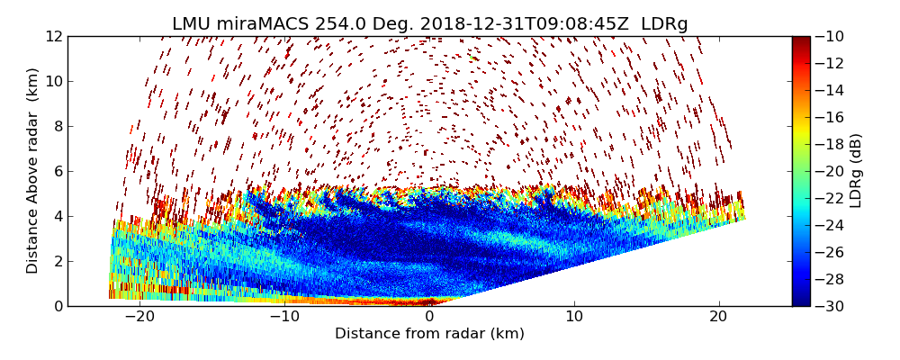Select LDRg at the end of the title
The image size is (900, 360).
pyautogui.click(x=664, y=24)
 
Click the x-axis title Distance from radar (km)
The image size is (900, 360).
pyautogui.click(x=429, y=334)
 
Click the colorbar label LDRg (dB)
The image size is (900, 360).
pyautogui.click(x=856, y=170)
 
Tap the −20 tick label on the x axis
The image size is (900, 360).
pyautogui.click(x=139, y=317)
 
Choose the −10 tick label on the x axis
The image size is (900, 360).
pyautogui.click(x=283, y=317)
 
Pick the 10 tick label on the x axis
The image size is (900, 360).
pyautogui.click(x=574, y=317)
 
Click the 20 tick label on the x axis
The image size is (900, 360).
pyautogui.click(x=718, y=317)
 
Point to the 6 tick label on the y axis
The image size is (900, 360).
pyautogui.click(x=57, y=171)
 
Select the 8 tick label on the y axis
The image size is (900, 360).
pyautogui.click(x=57, y=126)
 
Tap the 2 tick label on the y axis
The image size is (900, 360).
pyautogui.click(x=57, y=261)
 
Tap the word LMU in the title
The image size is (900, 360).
pyautogui.click(x=192, y=24)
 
